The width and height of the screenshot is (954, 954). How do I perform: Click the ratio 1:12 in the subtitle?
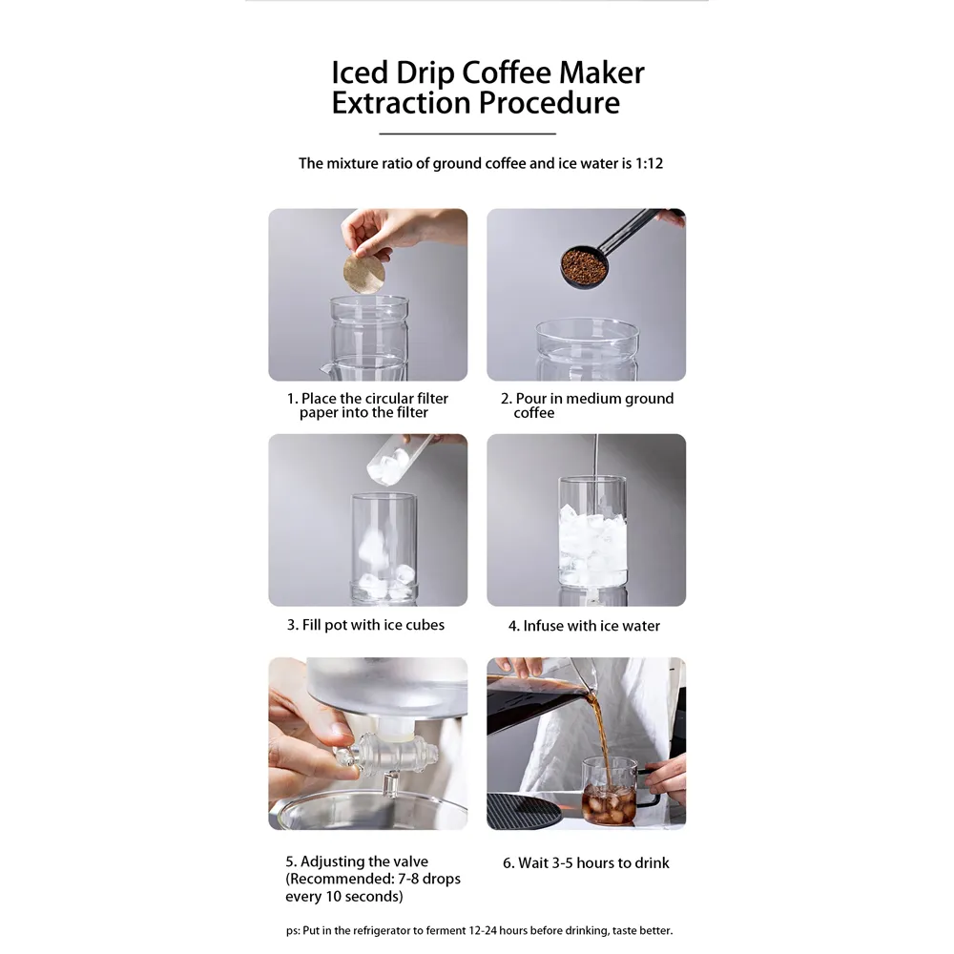click(x=649, y=163)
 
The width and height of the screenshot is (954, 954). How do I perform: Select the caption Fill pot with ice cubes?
click(x=365, y=625)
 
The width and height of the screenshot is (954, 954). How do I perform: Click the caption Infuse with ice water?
click(x=584, y=626)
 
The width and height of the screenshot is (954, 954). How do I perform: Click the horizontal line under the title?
click(x=467, y=134)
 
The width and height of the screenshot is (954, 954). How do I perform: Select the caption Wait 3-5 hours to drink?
click(x=586, y=862)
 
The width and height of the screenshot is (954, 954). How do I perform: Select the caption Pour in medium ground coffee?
click(x=587, y=405)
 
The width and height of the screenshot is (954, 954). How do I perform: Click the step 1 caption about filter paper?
click(x=367, y=405)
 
